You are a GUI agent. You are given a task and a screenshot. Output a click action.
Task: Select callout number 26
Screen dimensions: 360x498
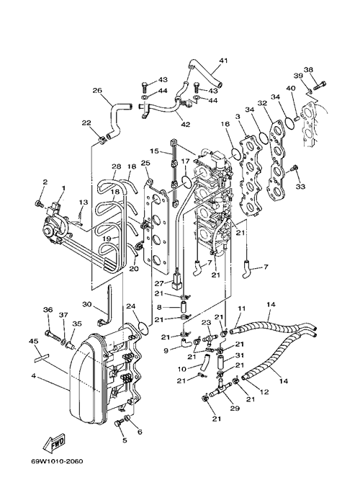(97, 91)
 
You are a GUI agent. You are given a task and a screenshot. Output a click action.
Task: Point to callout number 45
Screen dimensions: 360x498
(34, 341)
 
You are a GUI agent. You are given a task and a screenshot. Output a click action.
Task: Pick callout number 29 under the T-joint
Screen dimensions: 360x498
(235, 408)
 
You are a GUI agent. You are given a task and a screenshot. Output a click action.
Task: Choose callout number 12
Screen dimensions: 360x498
(264, 392)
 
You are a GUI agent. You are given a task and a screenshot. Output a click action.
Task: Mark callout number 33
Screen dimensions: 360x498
(300, 187)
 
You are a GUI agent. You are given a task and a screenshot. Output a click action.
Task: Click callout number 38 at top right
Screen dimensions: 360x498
(308, 69)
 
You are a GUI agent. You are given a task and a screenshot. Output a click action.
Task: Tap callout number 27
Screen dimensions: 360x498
(159, 283)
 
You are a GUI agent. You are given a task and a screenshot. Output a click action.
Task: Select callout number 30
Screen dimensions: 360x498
(87, 304)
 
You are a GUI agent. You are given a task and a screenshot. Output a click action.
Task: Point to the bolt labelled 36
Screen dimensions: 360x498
(54, 336)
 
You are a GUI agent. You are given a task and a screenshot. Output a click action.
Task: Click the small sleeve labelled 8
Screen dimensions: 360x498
(184, 308)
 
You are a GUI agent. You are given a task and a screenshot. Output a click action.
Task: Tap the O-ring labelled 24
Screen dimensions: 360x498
(143, 328)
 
